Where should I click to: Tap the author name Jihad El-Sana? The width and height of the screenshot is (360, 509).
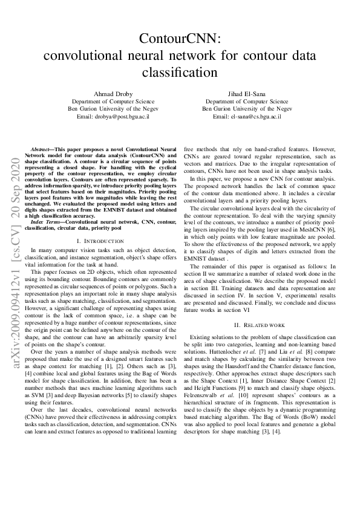(246, 94)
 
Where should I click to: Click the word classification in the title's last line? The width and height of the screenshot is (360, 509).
(180, 73)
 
